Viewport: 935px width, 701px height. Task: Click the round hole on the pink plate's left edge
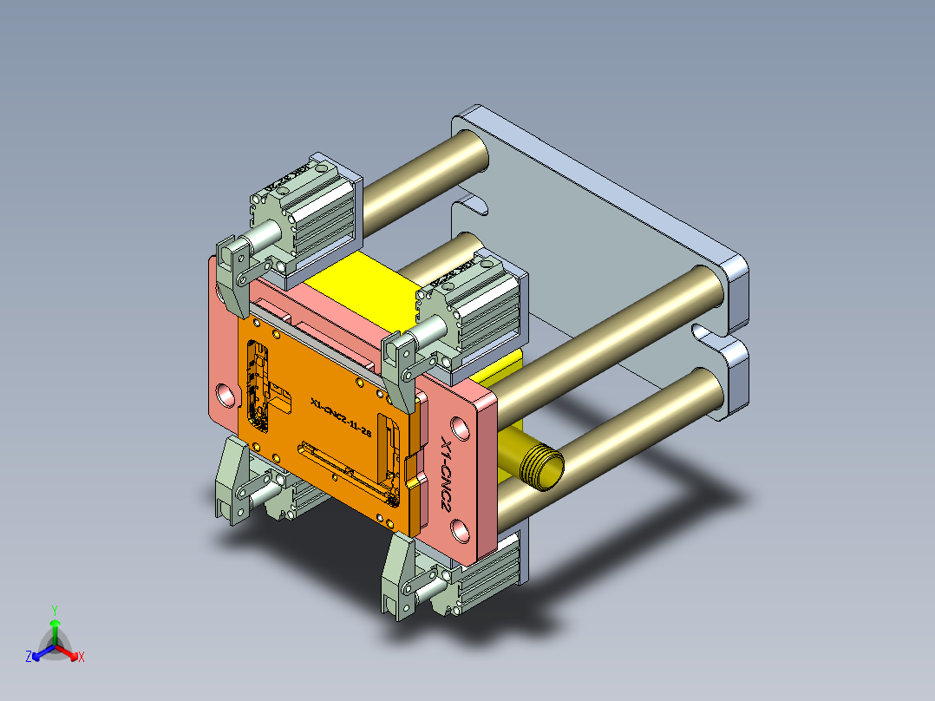(x=226, y=395)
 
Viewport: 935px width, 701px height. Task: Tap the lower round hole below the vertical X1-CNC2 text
(x=459, y=528)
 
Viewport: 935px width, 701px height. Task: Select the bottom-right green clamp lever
(x=399, y=577)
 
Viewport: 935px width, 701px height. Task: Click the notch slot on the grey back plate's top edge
(x=469, y=206)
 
